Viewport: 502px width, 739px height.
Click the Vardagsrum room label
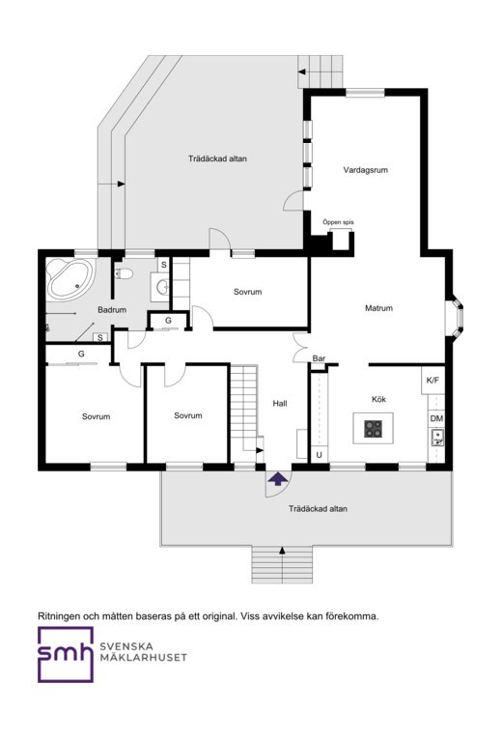point(366,170)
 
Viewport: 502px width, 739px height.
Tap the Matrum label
point(378,308)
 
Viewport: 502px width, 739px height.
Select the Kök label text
point(378,399)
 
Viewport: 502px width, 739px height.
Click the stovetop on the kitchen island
point(373,428)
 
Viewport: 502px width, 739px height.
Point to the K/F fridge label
point(432,380)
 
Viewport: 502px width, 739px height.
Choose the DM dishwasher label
point(436,418)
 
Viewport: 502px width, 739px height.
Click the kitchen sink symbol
point(437,437)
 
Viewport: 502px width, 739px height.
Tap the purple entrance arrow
point(278,478)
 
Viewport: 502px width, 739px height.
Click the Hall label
point(280,404)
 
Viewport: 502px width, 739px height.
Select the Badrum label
point(112,310)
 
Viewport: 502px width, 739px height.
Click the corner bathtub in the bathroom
point(70,279)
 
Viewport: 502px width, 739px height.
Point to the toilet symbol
point(124,273)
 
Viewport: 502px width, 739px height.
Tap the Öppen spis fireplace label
point(338,222)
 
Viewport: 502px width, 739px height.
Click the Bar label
point(319,358)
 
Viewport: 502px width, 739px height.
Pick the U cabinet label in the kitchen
point(319,455)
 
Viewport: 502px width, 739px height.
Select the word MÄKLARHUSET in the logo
point(143,657)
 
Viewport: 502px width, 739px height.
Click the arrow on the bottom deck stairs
point(282,550)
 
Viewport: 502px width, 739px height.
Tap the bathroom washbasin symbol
point(162,286)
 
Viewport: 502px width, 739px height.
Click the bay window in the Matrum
point(455,316)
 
